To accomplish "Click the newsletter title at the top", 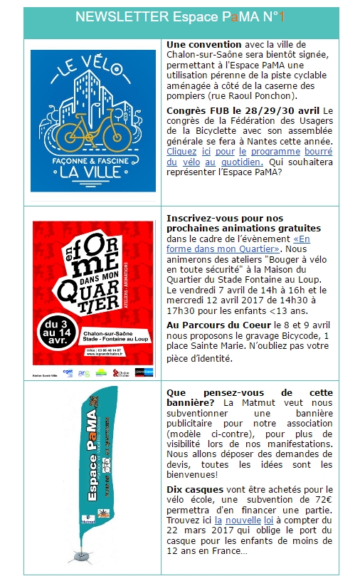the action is point(179,17).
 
